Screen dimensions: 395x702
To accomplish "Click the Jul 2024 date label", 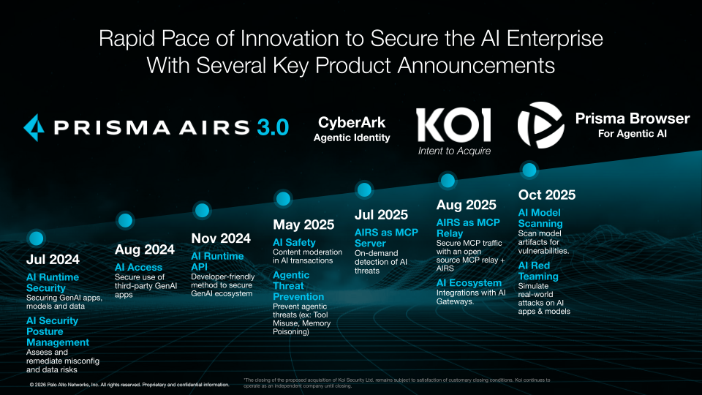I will [x=53, y=259].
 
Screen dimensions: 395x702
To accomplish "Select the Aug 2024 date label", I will [x=145, y=249].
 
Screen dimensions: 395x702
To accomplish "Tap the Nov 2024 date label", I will [x=221, y=238].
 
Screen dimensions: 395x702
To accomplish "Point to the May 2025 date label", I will [x=303, y=225].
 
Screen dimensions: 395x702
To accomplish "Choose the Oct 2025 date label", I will [x=546, y=195].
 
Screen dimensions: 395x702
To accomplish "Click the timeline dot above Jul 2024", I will [x=34, y=238].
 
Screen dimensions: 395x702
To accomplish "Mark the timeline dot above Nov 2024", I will [x=201, y=210].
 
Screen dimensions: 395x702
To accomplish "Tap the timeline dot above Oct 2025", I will [x=529, y=170].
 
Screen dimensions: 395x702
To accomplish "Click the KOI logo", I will [x=453, y=125].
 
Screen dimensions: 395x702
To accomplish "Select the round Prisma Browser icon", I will [x=540, y=124].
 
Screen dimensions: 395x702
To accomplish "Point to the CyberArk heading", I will [x=352, y=122].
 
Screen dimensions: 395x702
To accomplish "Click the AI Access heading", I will [x=139, y=267].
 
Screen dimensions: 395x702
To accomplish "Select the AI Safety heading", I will [x=294, y=242].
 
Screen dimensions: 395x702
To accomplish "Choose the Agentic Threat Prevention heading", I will [x=298, y=286].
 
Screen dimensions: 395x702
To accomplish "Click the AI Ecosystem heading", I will [x=469, y=283].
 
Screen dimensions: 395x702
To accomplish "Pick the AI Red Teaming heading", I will [x=538, y=271].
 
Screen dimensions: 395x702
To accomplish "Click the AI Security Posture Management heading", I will [x=57, y=331].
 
